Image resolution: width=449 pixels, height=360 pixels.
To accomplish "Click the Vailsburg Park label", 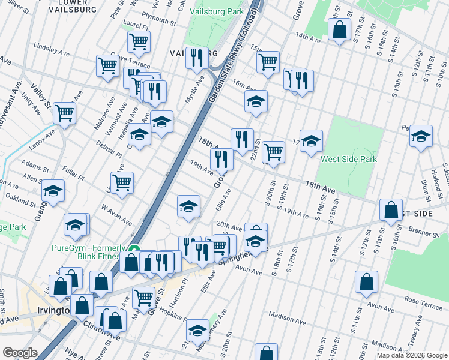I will click(x=216, y=11).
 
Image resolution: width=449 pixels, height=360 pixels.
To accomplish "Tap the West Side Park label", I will click(x=348, y=160).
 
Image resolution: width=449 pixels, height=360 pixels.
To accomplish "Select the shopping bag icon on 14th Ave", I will click(x=339, y=30).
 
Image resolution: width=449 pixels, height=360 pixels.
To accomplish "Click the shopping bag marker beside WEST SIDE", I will click(x=391, y=211).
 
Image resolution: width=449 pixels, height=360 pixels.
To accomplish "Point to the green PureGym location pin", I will click(x=136, y=250).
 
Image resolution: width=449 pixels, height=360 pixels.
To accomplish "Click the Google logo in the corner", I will click(x=20, y=353).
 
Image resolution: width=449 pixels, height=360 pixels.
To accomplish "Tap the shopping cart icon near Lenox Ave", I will click(x=64, y=112).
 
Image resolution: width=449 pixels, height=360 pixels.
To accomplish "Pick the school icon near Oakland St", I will click(x=53, y=192).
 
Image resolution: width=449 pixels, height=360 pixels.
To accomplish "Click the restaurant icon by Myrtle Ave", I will click(x=197, y=58).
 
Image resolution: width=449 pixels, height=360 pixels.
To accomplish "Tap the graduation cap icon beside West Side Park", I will click(x=311, y=142).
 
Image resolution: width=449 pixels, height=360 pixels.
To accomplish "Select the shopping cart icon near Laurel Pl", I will click(x=139, y=43).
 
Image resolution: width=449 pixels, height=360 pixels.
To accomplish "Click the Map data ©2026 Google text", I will click(x=412, y=355).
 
